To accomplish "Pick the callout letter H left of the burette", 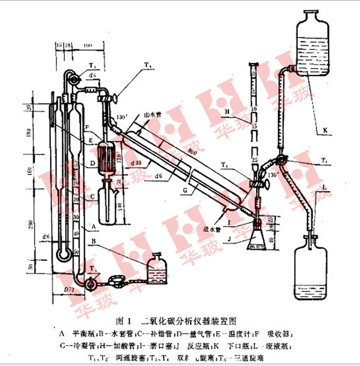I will tap(227, 112).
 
